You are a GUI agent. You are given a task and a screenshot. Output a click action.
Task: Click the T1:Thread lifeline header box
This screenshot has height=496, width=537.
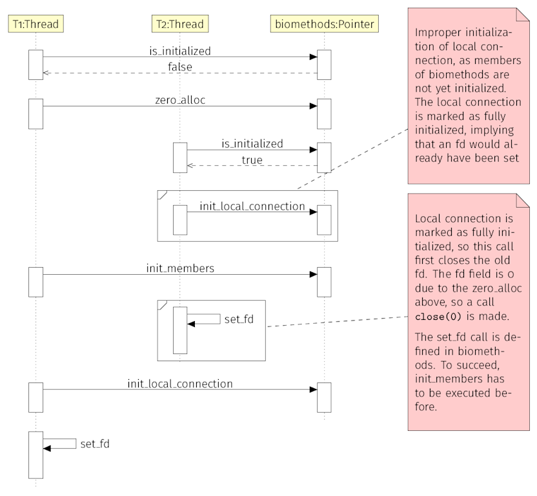click(x=35, y=25)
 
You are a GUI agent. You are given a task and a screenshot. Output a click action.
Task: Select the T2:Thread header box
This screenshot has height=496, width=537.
click(x=179, y=25)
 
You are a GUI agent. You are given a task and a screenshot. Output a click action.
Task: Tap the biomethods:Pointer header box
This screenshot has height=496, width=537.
click(x=324, y=25)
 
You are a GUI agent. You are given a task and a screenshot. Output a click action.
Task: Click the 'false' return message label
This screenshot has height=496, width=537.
click(x=180, y=66)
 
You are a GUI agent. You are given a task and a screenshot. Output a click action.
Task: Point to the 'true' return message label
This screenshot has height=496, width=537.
click(x=252, y=159)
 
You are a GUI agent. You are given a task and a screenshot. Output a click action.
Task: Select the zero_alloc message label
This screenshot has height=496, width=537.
click(x=180, y=100)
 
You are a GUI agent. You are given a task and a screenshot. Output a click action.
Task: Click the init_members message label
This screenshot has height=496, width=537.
click(x=180, y=267)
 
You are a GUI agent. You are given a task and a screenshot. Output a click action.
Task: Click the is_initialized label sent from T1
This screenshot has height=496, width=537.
click(x=180, y=50)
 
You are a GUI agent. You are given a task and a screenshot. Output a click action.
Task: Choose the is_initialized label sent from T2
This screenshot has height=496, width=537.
click(x=252, y=143)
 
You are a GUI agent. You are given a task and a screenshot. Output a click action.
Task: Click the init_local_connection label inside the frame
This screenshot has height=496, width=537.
click(x=252, y=206)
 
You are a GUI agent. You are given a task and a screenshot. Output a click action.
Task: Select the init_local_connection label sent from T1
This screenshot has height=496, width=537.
click(x=180, y=383)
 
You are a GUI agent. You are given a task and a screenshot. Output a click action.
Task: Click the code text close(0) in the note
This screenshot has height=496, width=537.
click(x=438, y=317)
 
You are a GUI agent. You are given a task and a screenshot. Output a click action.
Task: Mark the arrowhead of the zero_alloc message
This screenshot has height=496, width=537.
click(x=313, y=106)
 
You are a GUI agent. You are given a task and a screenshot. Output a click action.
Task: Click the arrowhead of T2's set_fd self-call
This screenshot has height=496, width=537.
click(x=191, y=324)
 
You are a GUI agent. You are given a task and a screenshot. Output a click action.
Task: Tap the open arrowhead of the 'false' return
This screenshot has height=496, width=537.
click(x=46, y=73)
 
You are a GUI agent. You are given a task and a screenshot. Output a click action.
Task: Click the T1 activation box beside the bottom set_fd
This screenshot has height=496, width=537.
click(x=35, y=455)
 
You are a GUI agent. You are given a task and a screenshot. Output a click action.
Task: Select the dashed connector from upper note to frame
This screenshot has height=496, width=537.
click(x=352, y=157)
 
